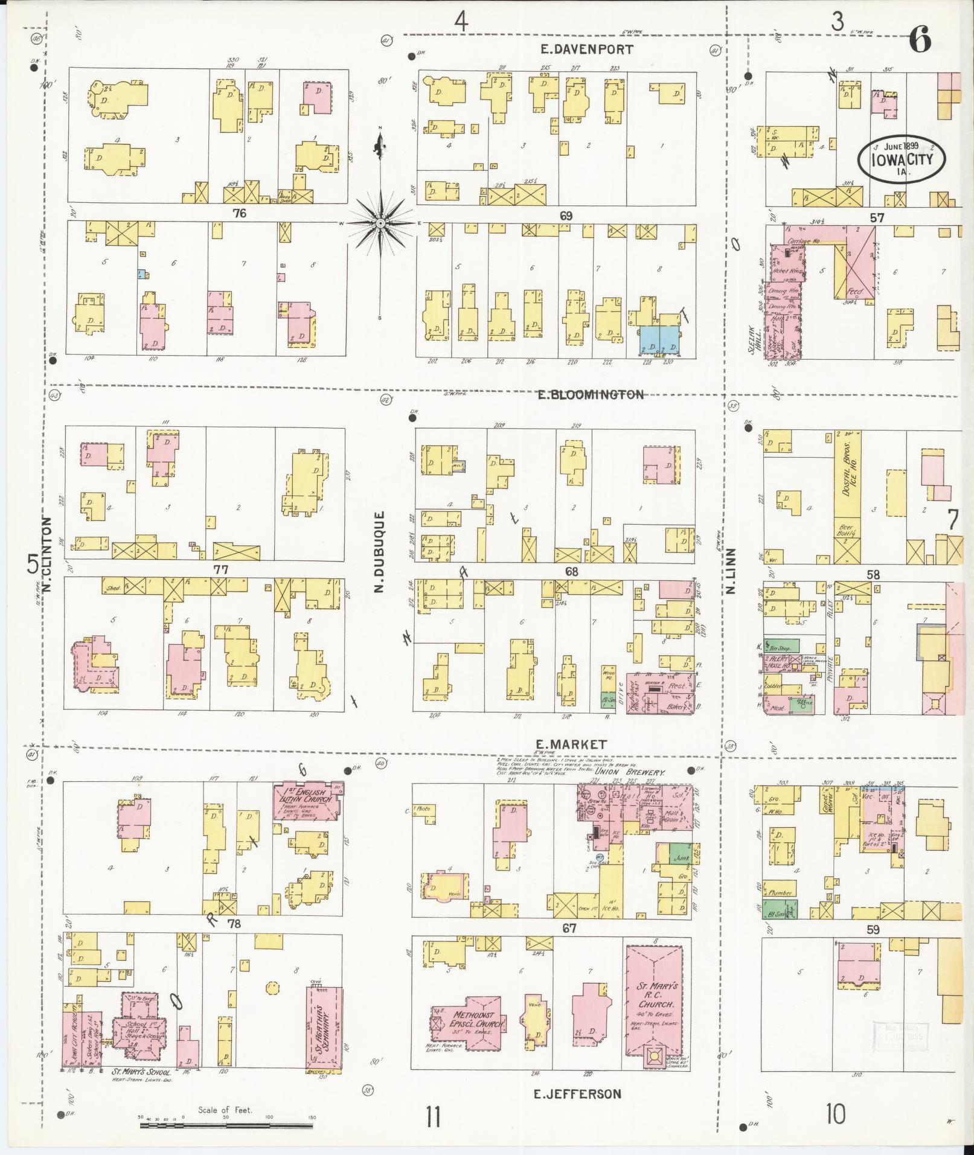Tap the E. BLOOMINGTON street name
click(591, 395)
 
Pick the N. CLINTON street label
click(48, 553)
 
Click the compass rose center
click(380, 223)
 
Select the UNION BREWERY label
click(630, 772)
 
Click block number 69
click(565, 216)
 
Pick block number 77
click(220, 568)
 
